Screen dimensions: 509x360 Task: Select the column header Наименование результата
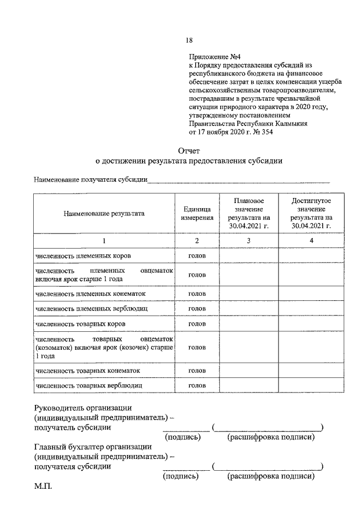point(104,213)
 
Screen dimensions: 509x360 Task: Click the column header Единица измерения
point(196,213)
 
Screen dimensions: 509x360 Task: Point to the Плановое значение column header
point(249,213)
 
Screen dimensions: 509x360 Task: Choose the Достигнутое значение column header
point(311,213)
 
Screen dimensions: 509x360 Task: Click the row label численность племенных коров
point(83,255)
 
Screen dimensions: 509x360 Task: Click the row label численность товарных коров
point(80,324)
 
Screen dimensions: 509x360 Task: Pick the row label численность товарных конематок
point(87,371)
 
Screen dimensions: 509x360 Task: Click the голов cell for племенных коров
point(196,255)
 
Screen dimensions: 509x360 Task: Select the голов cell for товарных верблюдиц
point(196,386)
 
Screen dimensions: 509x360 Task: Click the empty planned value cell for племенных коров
point(249,255)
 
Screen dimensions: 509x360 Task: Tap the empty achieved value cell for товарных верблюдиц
point(311,386)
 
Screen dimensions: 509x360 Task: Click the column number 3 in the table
point(249,241)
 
